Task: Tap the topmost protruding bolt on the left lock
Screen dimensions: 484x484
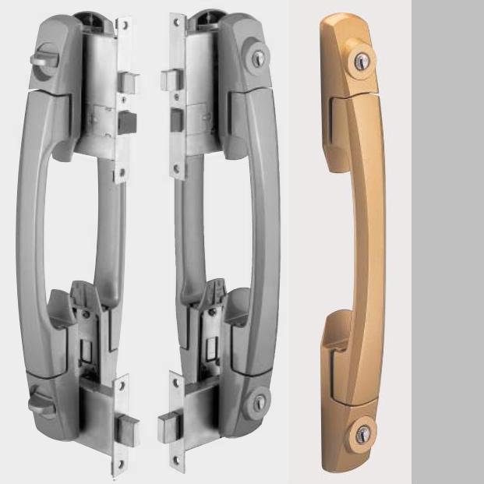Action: pos(131,80)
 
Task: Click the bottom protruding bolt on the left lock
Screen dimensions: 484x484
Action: pos(127,426)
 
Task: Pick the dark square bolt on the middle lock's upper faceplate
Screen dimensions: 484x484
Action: pos(175,120)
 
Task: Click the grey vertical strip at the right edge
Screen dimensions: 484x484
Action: pos(447,242)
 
